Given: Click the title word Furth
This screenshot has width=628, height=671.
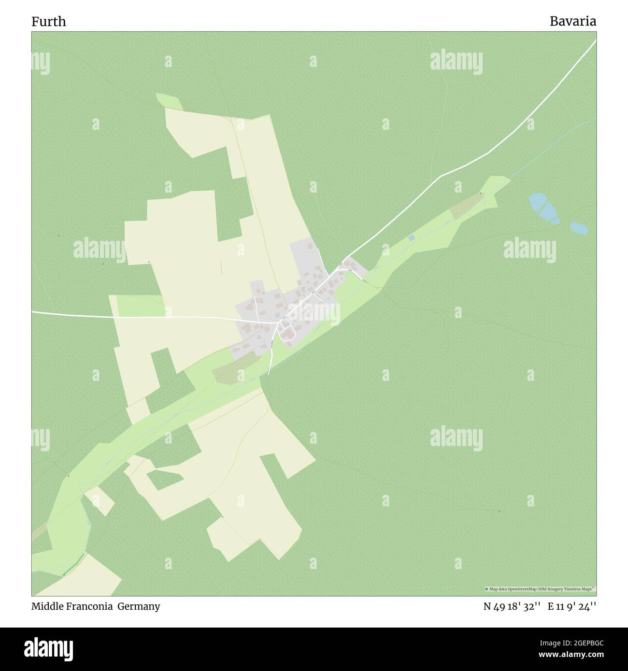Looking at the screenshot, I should tap(49, 22).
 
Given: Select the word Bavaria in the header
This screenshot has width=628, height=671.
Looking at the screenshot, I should tap(572, 22).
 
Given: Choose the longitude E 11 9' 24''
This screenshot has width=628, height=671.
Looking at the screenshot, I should tap(571, 606).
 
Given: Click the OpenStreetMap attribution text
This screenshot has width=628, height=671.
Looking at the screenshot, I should tap(540, 589).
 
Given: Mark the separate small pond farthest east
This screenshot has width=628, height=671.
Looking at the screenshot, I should tap(579, 228).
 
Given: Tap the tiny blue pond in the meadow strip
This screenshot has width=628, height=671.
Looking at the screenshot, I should tap(411, 238).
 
